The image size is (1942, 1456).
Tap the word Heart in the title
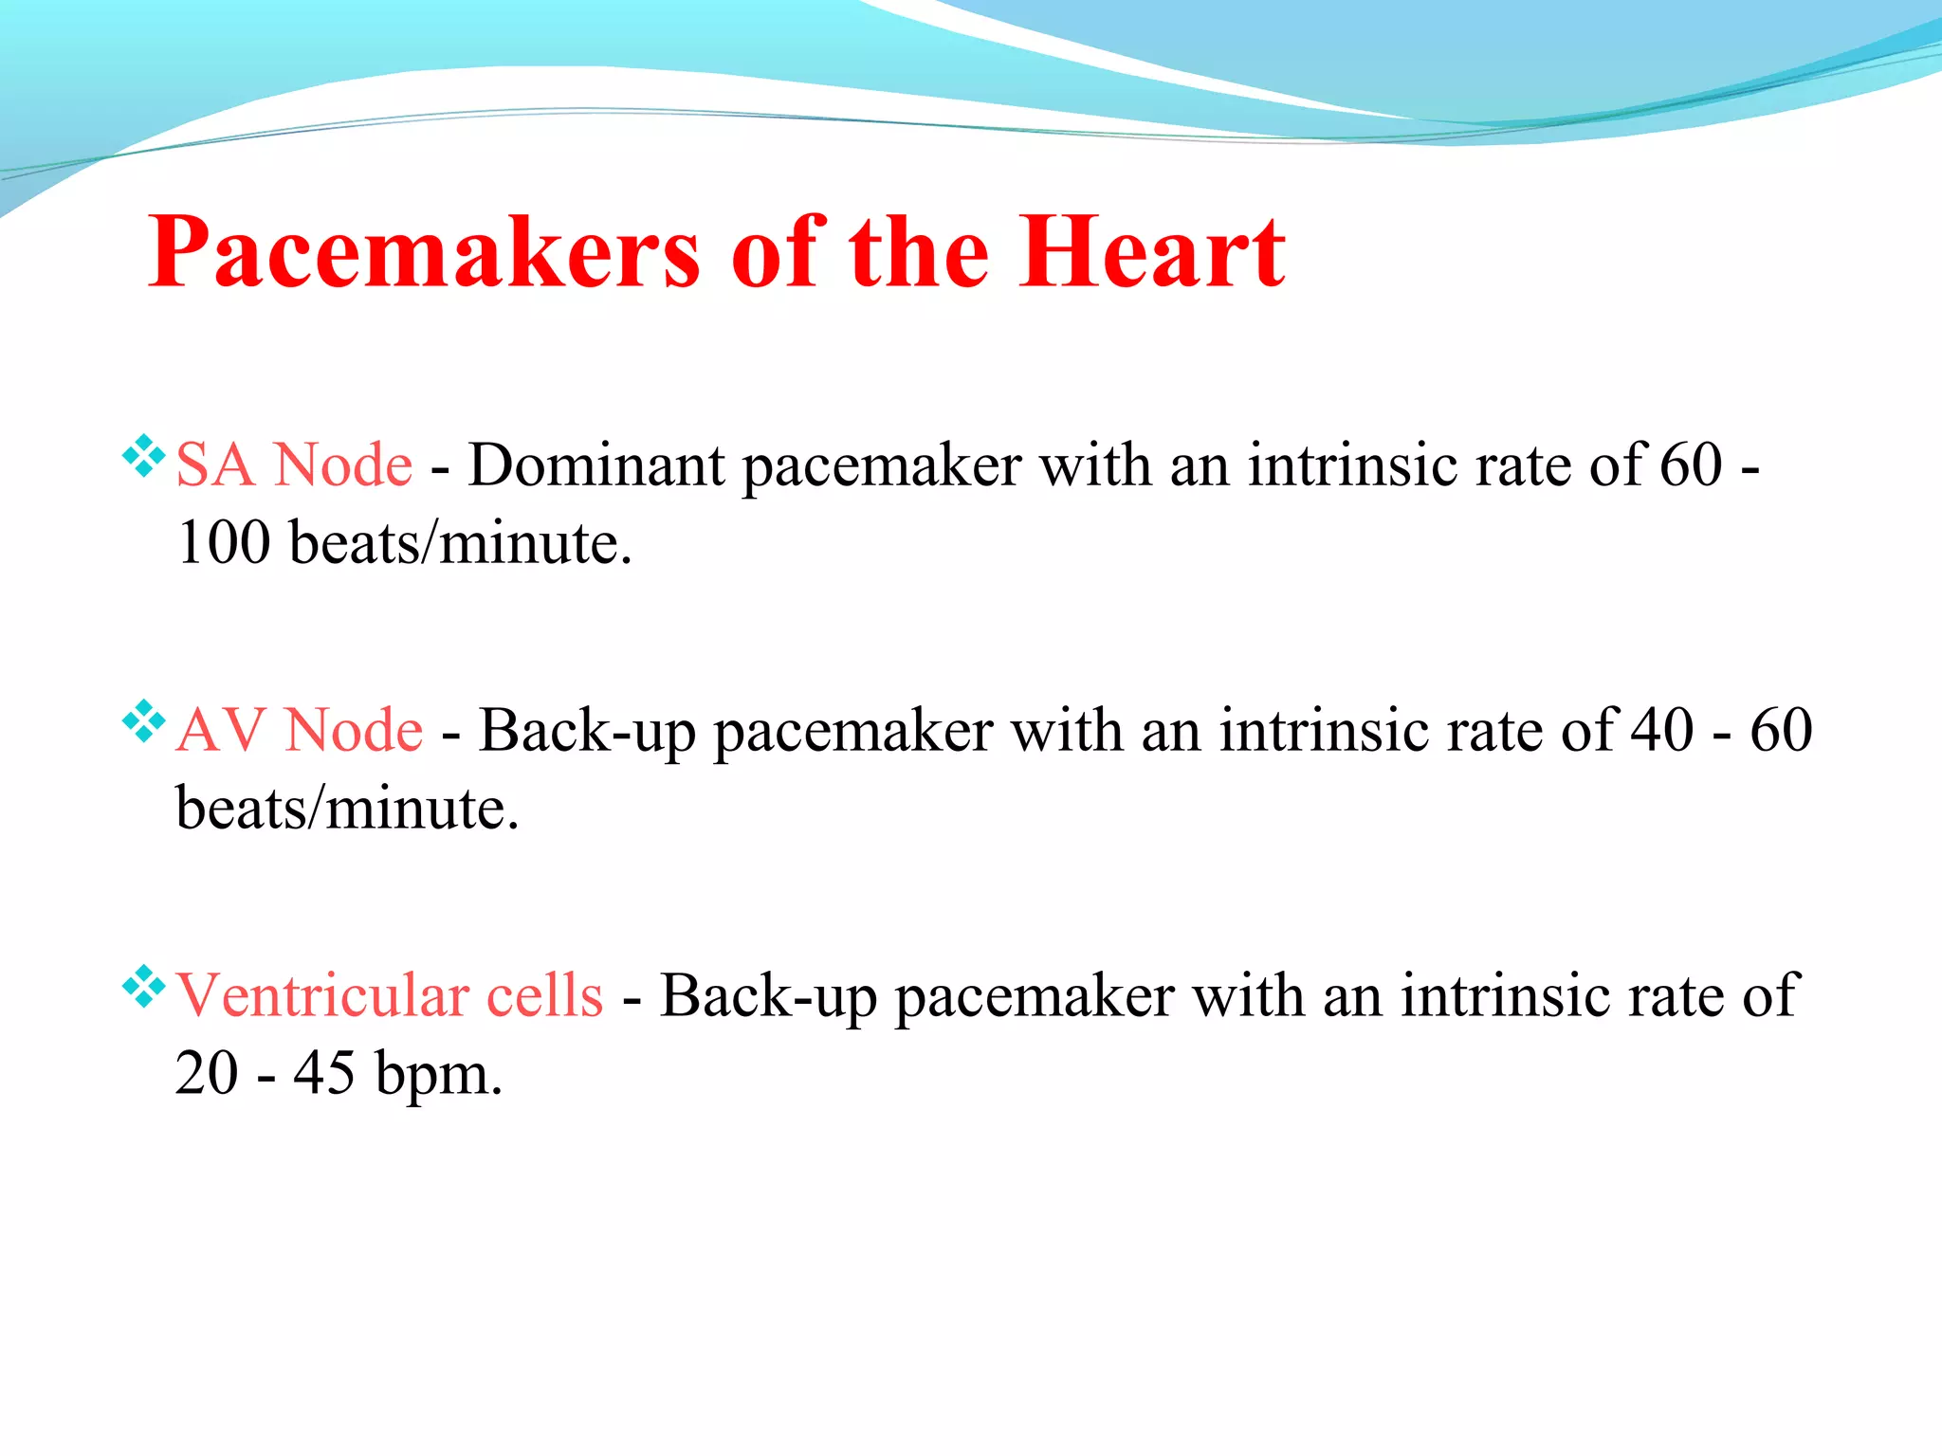click(1152, 253)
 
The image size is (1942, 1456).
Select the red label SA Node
click(294, 465)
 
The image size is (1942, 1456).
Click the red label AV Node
click(300, 731)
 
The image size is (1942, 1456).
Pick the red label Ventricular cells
click(390, 996)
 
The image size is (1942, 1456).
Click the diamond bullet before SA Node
click(144, 456)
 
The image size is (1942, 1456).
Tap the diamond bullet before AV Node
click(144, 721)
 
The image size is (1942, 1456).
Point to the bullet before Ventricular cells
click(144, 987)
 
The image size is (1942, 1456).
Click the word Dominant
click(596, 465)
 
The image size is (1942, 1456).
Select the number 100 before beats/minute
click(223, 543)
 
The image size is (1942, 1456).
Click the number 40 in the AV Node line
click(1662, 731)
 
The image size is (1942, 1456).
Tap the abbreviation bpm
click(438, 1075)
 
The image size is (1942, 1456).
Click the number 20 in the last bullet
click(207, 1074)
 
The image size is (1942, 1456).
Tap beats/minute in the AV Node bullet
click(347, 810)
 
